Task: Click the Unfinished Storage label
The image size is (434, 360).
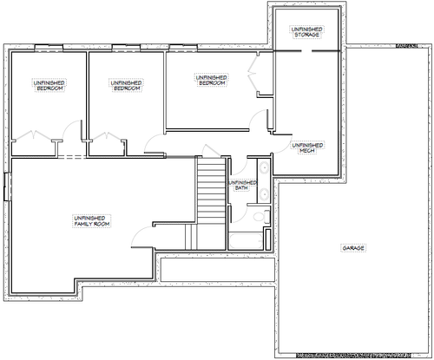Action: pyautogui.click(x=306, y=32)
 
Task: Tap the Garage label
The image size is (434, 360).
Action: pyautogui.click(x=353, y=248)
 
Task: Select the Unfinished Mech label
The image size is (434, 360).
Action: pyautogui.click(x=307, y=147)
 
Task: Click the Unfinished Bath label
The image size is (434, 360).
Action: pyautogui.click(x=242, y=186)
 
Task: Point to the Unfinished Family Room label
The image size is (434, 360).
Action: pyautogui.click(x=92, y=221)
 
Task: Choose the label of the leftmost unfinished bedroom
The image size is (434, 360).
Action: pyautogui.click(x=49, y=86)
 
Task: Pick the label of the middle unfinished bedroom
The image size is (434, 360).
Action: pyautogui.click(x=127, y=86)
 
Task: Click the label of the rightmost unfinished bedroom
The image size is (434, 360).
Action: pyautogui.click(x=212, y=80)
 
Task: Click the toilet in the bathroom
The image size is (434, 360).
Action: pyautogui.click(x=261, y=217)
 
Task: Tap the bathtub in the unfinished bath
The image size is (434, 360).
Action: pyautogui.click(x=247, y=241)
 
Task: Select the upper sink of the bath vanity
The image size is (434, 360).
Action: pyautogui.click(x=264, y=167)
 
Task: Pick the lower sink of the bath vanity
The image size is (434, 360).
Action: pyautogui.click(x=264, y=193)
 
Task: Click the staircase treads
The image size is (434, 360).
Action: pyautogui.click(x=212, y=189)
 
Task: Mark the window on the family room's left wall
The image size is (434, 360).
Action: pyautogui.click(x=7, y=187)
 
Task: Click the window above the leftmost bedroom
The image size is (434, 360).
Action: pyautogui.click(x=49, y=48)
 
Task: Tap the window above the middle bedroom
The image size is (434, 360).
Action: pyautogui.click(x=126, y=48)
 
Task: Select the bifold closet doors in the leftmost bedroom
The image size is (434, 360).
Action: pyautogui.click(x=34, y=135)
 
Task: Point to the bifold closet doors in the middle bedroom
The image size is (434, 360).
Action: pyautogui.click(x=107, y=136)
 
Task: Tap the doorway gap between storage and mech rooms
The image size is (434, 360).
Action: pyautogui.click(x=306, y=51)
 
